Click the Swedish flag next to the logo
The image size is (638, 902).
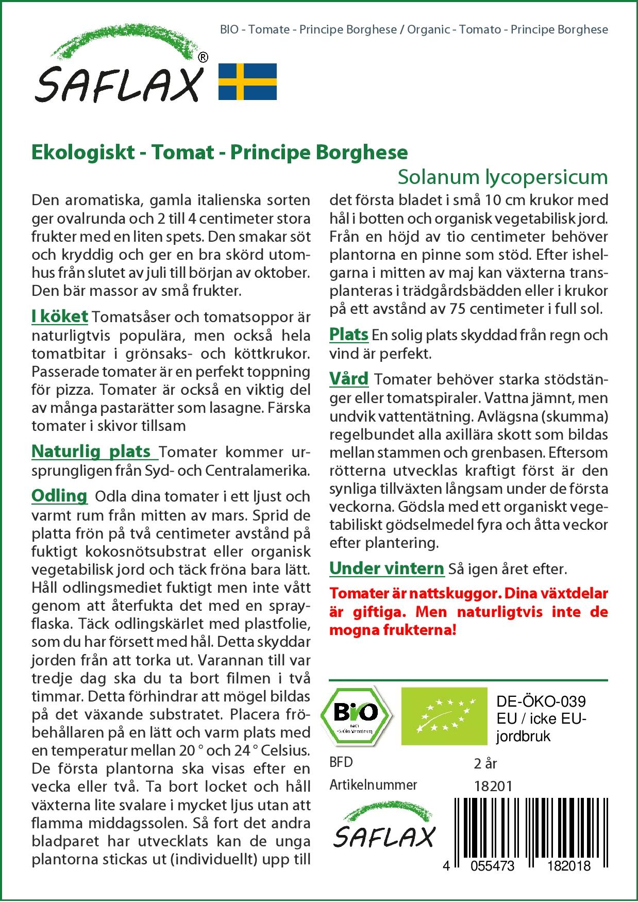247,81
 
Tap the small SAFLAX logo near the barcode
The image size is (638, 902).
383,830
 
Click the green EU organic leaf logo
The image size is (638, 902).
444,716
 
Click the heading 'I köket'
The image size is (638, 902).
60,316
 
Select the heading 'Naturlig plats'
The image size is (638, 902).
91,452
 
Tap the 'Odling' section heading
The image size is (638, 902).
59,496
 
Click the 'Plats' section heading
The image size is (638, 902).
348,335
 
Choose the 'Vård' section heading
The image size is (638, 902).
349,379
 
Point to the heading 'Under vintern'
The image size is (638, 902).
387,569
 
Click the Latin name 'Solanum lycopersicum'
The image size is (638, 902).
502,177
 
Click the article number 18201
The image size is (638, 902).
493,786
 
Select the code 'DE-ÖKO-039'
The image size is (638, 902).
541,701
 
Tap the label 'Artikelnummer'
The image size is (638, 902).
373,785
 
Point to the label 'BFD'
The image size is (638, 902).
341,762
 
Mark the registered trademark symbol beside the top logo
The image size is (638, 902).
203,58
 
